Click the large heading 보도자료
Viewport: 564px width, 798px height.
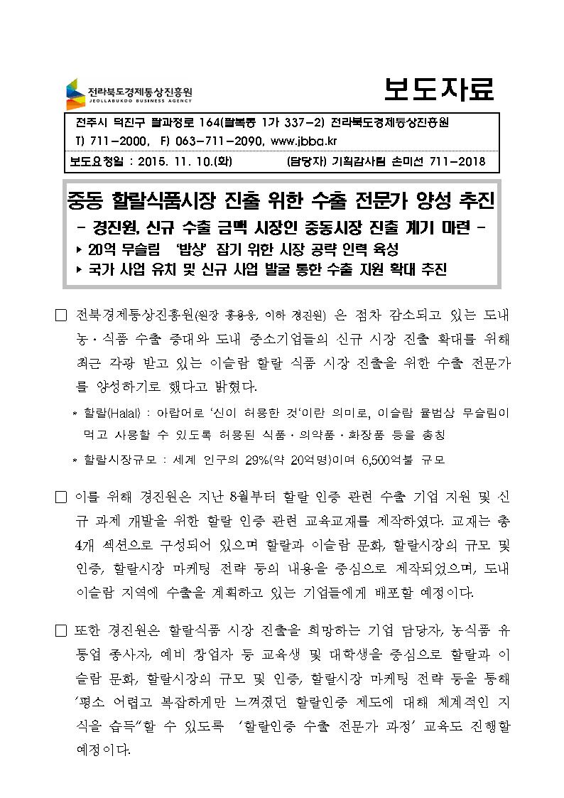tap(438, 90)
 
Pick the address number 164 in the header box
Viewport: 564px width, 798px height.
tap(208, 123)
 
